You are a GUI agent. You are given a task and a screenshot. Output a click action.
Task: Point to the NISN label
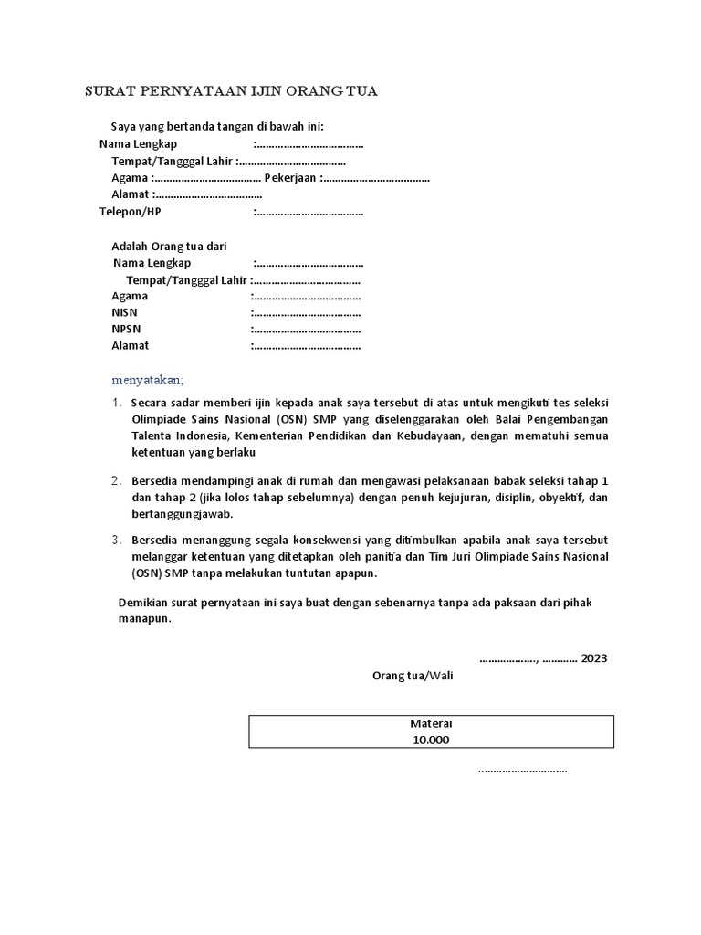pyautogui.click(x=125, y=312)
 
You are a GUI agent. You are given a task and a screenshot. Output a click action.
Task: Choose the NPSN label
pyautogui.click(x=126, y=329)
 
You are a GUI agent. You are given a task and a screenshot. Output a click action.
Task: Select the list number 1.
pyautogui.click(x=117, y=403)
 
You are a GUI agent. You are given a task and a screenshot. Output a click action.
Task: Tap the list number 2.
pyautogui.click(x=117, y=481)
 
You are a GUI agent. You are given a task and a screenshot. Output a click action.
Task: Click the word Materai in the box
pyautogui.click(x=431, y=723)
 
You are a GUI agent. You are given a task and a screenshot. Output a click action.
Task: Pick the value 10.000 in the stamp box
pyautogui.click(x=431, y=740)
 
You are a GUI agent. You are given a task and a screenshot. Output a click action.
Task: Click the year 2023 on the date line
pyautogui.click(x=593, y=657)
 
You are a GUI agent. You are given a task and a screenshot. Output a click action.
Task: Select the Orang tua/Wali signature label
pyautogui.click(x=412, y=676)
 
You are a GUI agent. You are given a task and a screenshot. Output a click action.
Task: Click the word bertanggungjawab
pyautogui.click(x=179, y=515)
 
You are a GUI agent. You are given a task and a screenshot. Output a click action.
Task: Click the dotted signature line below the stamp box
pyautogui.click(x=522, y=770)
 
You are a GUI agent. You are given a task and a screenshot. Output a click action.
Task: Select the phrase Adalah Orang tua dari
pyautogui.click(x=169, y=247)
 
